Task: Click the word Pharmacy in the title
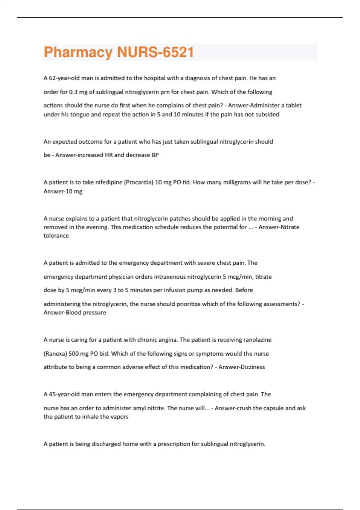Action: point(78,52)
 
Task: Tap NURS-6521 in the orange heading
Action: point(155,52)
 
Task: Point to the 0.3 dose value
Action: point(73,92)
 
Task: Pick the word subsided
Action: point(267,115)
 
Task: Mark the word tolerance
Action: point(56,236)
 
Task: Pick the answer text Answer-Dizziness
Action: point(241,367)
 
